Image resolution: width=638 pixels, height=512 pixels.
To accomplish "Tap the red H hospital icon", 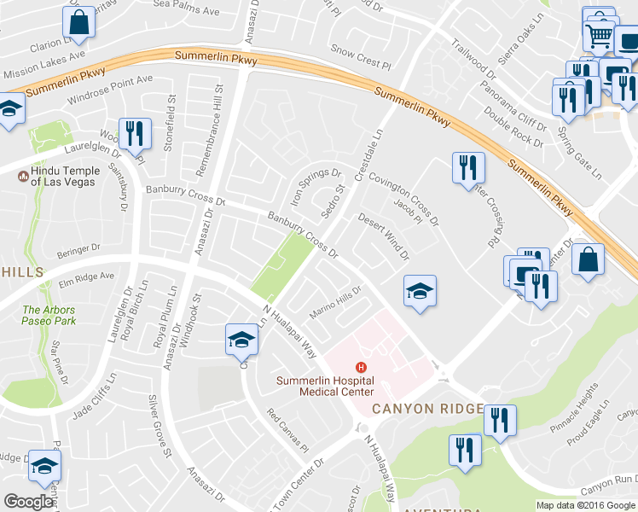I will [x=362, y=368].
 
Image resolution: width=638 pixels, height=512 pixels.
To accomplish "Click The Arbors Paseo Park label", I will [x=49, y=315].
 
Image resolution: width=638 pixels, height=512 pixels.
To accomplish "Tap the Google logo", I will [x=28, y=502].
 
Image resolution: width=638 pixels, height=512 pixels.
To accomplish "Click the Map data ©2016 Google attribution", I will [x=586, y=505].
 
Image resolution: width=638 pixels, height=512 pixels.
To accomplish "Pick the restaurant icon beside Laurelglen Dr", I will [x=135, y=132].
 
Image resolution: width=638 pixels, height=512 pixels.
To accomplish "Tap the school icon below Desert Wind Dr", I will [x=420, y=292].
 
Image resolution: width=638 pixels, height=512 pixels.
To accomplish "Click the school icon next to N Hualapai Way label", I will [x=241, y=340].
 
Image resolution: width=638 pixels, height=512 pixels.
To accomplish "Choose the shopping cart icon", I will [x=600, y=35].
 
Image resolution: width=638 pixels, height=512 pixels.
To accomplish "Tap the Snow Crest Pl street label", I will [x=360, y=57].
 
